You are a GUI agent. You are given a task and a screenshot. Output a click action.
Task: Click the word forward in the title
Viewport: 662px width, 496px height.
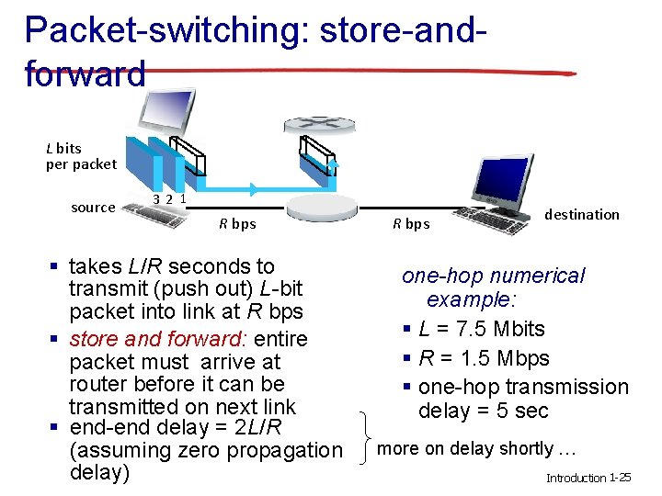[85, 73]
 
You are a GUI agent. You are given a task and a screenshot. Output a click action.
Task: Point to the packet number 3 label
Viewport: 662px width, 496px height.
[157, 198]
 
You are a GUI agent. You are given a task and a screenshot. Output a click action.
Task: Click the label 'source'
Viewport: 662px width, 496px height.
[93, 208]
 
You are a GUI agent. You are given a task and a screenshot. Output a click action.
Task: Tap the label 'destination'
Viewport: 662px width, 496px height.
[581, 214]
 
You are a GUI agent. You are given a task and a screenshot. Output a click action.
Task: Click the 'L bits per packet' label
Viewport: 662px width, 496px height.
[81, 156]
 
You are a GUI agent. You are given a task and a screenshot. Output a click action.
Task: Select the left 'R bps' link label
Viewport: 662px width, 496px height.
[237, 223]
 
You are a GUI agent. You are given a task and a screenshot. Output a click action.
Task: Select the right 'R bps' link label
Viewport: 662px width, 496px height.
[411, 223]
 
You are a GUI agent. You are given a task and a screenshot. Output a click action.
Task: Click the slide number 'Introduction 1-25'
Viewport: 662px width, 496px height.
[588, 478]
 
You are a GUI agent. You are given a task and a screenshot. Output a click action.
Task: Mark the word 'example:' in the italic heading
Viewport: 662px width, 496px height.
[472, 299]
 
